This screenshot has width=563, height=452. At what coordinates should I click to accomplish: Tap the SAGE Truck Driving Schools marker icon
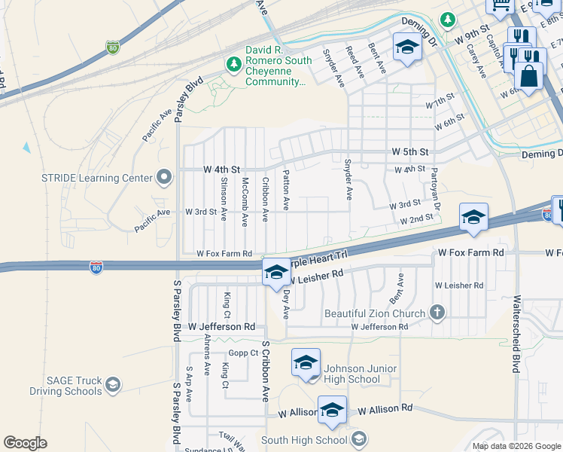tap(113, 385)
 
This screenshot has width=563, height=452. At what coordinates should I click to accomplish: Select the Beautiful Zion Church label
tap(374, 313)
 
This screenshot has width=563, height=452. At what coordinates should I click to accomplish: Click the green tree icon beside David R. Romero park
tap(233, 66)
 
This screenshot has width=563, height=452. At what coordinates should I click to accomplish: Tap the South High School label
tap(304, 440)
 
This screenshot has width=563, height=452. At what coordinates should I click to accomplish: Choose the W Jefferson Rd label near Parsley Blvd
tap(222, 327)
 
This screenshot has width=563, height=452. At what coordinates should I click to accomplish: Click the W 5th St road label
tap(409, 151)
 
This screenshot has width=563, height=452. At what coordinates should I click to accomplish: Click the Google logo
tap(24, 443)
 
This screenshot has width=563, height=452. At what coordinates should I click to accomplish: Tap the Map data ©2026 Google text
tap(516, 446)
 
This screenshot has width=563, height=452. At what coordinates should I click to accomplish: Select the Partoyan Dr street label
tap(435, 189)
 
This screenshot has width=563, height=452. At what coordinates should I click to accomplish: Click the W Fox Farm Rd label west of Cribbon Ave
tap(224, 255)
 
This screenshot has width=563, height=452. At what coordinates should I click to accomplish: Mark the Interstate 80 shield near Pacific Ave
tap(112, 47)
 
